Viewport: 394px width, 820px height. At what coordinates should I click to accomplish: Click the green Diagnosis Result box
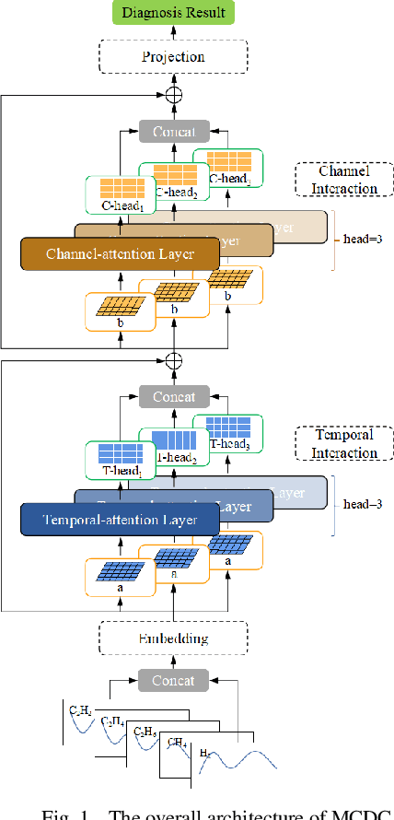(x=173, y=12)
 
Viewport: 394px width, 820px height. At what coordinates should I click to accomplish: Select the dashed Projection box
(x=173, y=56)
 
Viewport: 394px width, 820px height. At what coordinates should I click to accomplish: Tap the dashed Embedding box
(x=173, y=638)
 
